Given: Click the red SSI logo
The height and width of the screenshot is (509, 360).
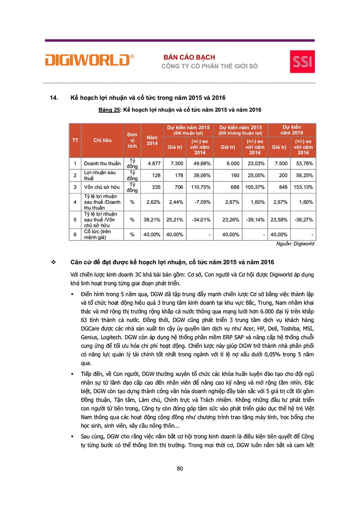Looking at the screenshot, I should [x=302, y=61].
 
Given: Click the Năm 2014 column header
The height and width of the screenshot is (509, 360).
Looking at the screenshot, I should [x=152, y=140].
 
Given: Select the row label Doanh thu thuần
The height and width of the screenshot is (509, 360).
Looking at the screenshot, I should [x=102, y=164].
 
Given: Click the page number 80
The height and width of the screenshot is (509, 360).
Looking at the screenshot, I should [x=180, y=468].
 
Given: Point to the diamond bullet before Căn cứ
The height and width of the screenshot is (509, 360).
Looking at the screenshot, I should [x=54, y=262].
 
